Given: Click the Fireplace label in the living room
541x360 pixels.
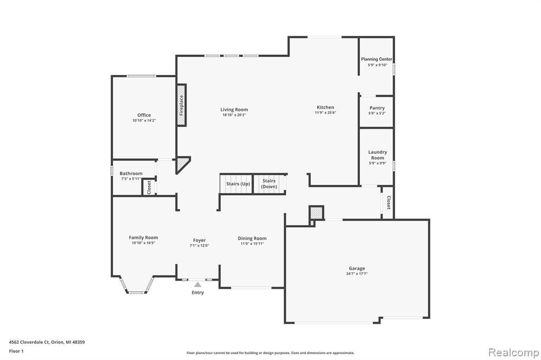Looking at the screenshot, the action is tap(182, 105).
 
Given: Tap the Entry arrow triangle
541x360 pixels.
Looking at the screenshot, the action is tap(198, 285).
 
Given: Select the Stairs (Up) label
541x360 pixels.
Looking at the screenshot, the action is tap(238, 184).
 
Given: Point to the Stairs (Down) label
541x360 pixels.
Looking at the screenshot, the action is tap(269, 184).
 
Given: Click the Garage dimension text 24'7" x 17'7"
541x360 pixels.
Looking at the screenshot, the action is tap(357, 273).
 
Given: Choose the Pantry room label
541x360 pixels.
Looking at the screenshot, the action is tap(377, 108).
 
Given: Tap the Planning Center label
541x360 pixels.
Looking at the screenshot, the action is tap(377, 59).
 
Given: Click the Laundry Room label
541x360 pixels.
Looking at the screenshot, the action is tap(377, 155).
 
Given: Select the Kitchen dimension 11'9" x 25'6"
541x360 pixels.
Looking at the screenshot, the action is tap(325, 112).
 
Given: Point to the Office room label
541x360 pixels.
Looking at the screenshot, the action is tap(144, 115).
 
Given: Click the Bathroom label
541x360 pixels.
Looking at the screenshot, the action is tap(131, 174).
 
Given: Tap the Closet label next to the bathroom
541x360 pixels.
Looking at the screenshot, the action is tap(149, 187).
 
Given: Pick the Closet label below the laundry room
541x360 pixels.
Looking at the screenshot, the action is tap(388, 202).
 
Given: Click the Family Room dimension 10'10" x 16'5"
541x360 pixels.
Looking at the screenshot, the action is tap(144, 243).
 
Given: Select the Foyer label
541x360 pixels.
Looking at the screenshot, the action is tap(199, 240).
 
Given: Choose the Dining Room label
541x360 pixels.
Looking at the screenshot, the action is tap(252, 238).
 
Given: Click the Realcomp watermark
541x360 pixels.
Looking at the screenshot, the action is tap(514, 353).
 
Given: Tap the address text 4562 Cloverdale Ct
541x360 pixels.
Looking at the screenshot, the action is tap(30, 342).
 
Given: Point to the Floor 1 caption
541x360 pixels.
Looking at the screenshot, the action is tap(16, 351).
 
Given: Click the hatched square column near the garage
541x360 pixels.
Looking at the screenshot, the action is tap(316, 212).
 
